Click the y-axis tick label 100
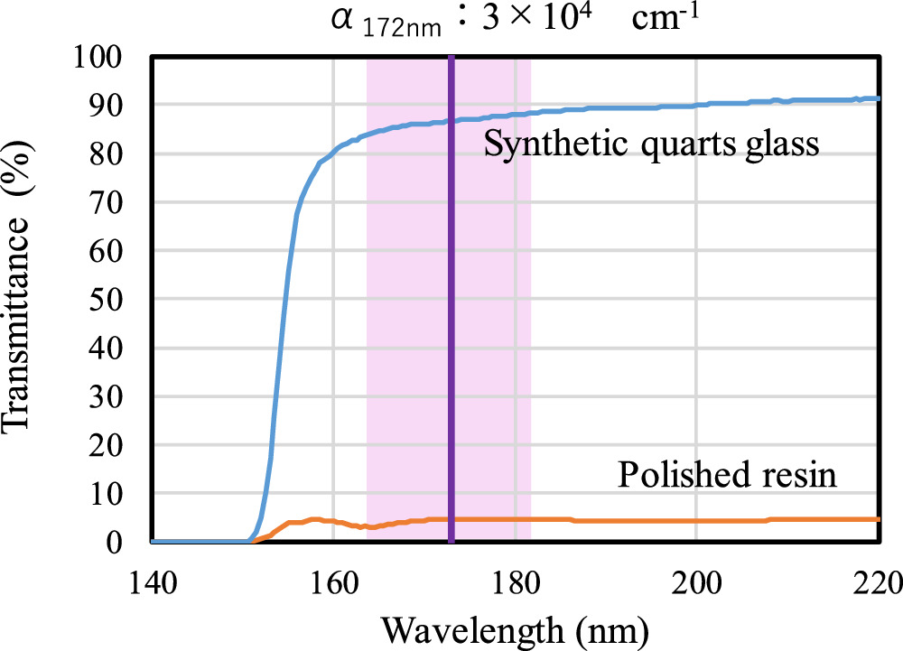[x=108, y=58]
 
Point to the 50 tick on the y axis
[x=117, y=300]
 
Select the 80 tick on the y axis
[x=117, y=154]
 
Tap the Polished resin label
[x=727, y=475]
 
